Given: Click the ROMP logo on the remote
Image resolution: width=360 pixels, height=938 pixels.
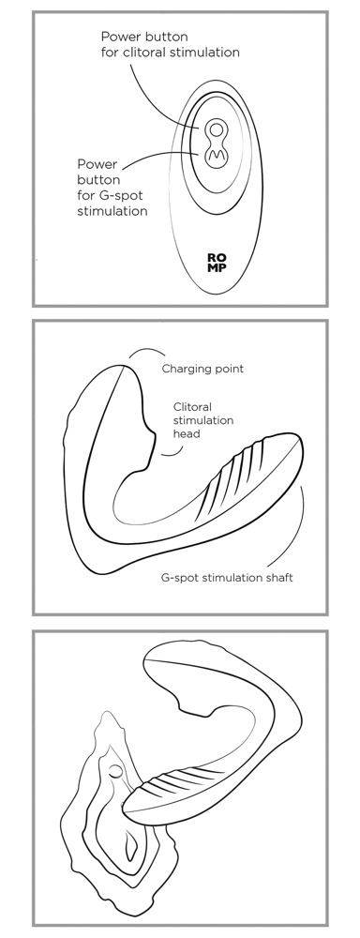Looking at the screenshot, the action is click(217, 263).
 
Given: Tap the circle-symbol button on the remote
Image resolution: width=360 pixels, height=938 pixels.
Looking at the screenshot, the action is click(217, 129).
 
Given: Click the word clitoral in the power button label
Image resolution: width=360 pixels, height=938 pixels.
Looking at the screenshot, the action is click(148, 52).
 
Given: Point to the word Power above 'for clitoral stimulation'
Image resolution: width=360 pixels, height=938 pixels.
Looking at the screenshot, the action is click(118, 37).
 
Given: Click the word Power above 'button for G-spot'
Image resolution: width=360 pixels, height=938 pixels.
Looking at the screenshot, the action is click(97, 164).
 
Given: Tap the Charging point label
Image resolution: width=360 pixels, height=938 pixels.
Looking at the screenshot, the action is click(202, 369).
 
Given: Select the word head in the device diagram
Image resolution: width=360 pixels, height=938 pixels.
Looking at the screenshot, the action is click(186, 433).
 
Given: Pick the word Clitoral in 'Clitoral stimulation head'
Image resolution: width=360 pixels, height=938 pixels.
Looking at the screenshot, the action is click(192, 407).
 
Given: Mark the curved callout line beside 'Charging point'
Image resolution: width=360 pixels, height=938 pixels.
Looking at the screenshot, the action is click(142, 351).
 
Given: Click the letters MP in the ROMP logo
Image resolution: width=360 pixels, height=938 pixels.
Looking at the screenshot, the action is click(217, 267).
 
